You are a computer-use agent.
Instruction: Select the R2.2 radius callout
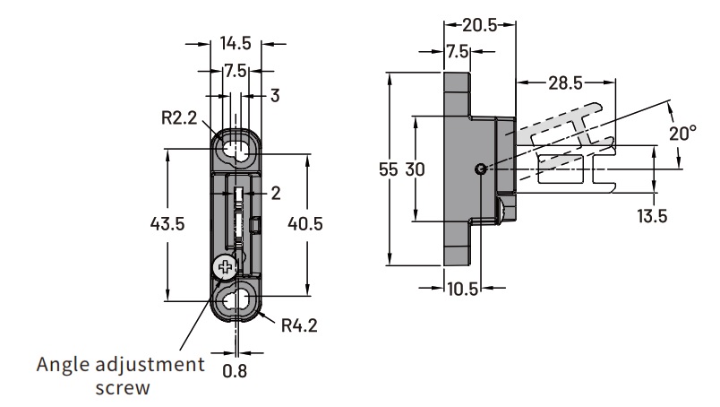180,117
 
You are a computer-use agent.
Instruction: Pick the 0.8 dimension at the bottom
235,369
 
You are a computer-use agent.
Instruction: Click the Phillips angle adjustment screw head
226,266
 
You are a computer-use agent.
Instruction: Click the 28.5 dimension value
565,82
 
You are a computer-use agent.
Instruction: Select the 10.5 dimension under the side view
462,289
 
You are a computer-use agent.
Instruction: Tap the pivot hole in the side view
482,169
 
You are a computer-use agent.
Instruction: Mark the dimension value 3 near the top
275,95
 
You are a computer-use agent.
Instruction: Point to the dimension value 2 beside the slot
275,192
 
